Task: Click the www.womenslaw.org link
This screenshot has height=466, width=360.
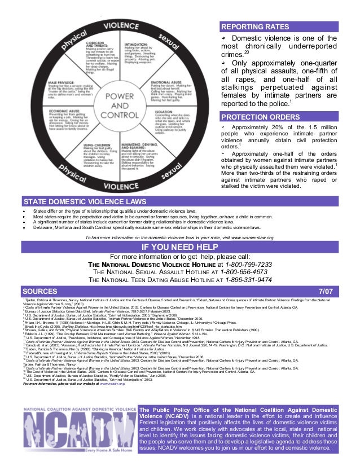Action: (253, 239)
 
